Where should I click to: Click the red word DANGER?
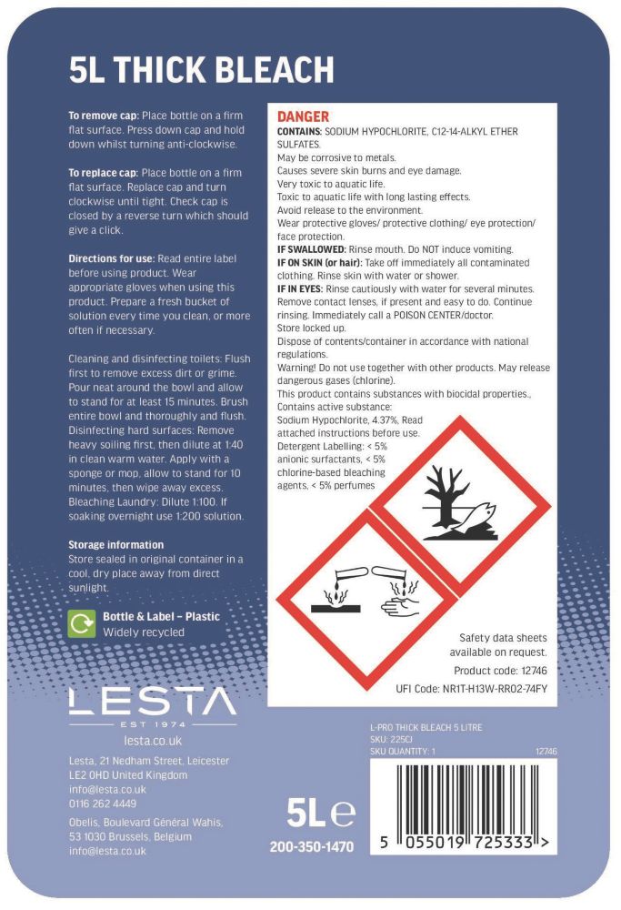click(x=302, y=117)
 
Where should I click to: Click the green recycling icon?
click(x=83, y=623)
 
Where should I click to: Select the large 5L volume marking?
click(x=310, y=809)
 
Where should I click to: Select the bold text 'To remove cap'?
click(x=103, y=117)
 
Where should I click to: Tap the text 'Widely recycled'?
click(x=144, y=632)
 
